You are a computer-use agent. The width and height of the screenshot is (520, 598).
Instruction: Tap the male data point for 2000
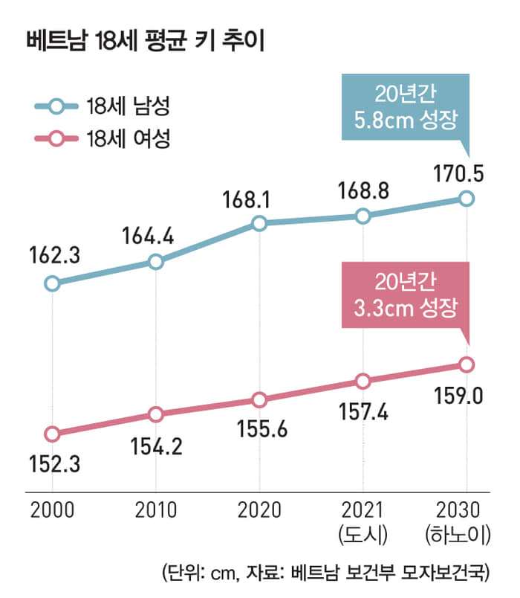click(x=52, y=283)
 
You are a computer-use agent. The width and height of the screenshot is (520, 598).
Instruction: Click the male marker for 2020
click(x=259, y=223)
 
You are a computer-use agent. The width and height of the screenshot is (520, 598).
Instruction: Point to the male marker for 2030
click(x=466, y=198)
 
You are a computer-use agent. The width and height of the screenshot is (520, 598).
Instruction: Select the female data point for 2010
click(x=155, y=414)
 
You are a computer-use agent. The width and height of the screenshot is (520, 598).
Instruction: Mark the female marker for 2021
click(x=363, y=382)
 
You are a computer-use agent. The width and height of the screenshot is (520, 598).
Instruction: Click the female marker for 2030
click(x=466, y=364)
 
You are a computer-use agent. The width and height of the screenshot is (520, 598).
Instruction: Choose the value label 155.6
click(x=259, y=430)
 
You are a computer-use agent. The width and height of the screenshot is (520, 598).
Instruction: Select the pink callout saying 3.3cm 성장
click(x=405, y=294)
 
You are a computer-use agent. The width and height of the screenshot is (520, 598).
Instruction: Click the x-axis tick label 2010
click(x=155, y=510)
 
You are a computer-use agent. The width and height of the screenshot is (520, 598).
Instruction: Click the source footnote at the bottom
click(x=325, y=573)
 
